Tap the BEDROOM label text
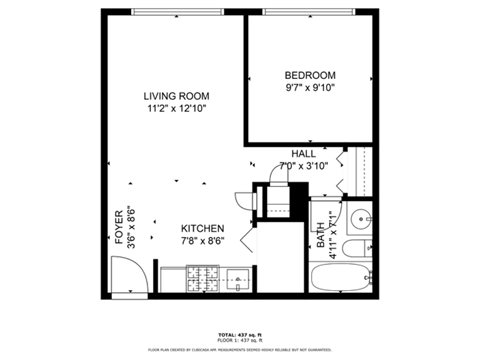[310, 75]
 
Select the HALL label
[303, 154]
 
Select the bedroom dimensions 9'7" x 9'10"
[310, 88]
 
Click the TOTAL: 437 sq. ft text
[240, 334]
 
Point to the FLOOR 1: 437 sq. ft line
[240, 340]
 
